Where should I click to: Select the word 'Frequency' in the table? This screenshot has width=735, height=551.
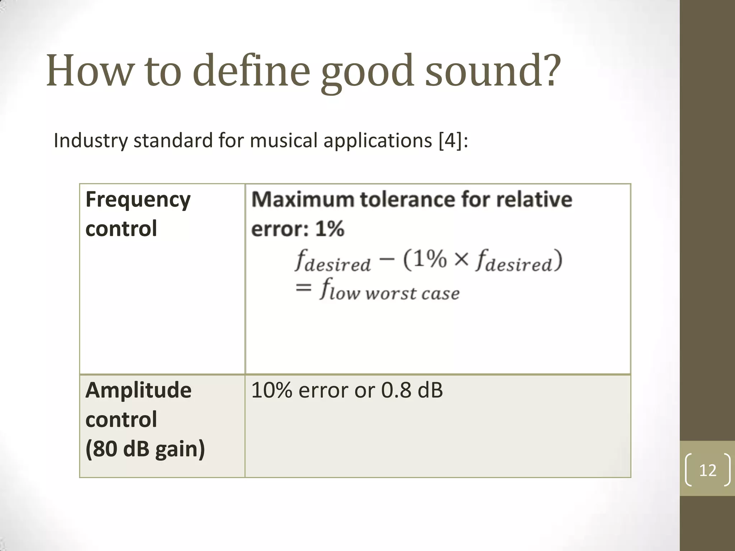tap(138, 200)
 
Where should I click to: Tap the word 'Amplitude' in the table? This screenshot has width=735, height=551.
tap(139, 390)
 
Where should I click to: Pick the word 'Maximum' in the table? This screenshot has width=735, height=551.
tap(303, 199)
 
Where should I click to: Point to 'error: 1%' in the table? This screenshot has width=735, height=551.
tap(298, 229)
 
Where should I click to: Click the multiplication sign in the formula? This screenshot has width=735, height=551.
tap(461, 259)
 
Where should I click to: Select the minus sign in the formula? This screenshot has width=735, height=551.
tap(386, 259)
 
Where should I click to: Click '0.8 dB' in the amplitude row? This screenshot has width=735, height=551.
tap(412, 390)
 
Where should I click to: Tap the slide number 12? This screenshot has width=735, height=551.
tap(708, 470)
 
